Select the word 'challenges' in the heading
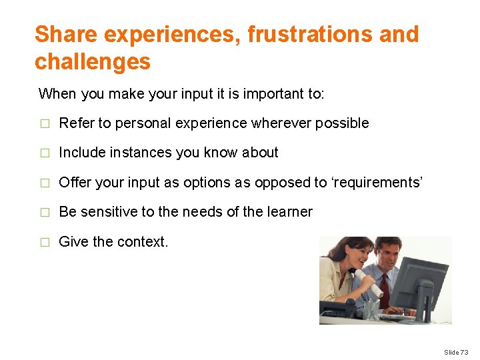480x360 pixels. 93,62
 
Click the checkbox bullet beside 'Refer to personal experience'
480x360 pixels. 44,123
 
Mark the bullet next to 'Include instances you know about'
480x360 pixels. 44,153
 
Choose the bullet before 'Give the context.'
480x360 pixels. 44,242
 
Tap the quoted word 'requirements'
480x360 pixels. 377,182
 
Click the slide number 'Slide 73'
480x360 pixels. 456,352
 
